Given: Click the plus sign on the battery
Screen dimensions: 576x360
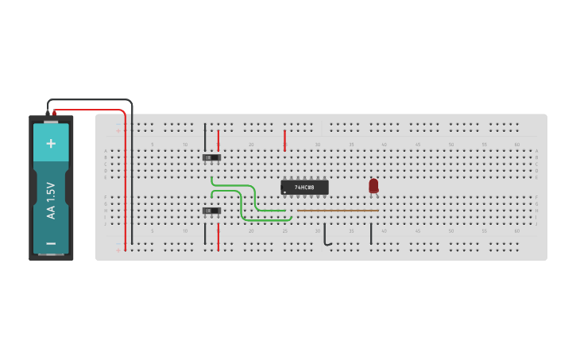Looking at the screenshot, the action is pyautogui.click(x=51, y=143).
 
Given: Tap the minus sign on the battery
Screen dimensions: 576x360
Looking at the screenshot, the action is pyautogui.click(x=51, y=243).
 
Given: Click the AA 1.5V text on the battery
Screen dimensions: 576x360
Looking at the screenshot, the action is pyautogui.click(x=51, y=200).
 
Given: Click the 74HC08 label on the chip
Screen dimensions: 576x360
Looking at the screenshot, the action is pyautogui.click(x=304, y=188).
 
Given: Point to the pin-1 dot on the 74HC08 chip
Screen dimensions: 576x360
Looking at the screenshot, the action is pyautogui.click(x=285, y=192).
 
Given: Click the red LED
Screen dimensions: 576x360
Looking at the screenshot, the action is pyautogui.click(x=373, y=185).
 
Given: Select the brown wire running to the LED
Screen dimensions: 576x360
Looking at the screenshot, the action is pyautogui.click(x=338, y=211).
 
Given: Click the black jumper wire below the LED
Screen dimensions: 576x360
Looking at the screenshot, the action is pyautogui.click(x=371, y=234).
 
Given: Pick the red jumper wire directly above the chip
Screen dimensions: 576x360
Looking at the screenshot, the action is pyautogui.click(x=284, y=141).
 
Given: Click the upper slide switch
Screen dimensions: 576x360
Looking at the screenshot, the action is pyautogui.click(x=211, y=157).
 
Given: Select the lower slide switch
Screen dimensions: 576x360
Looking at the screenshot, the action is pyautogui.click(x=211, y=211).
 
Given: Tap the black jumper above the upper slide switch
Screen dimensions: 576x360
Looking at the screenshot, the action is pyautogui.click(x=205, y=136).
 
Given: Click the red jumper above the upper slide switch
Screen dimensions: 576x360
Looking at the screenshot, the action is pyautogui.click(x=218, y=140).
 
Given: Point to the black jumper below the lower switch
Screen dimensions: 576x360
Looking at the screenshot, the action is pyautogui.click(x=205, y=234).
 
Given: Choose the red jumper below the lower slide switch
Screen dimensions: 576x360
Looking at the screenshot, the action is pyautogui.click(x=218, y=236).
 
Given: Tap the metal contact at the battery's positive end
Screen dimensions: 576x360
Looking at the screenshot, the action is pyautogui.click(x=51, y=121).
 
